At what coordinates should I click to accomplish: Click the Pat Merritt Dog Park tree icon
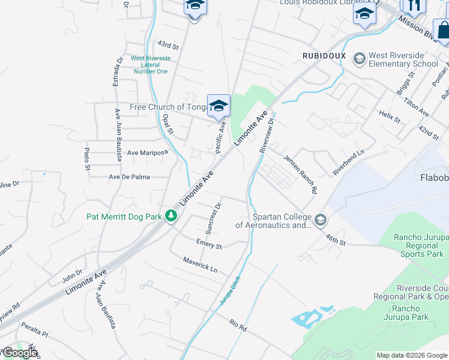pyautogui.click(x=171, y=216)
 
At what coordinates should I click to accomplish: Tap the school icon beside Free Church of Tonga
pyautogui.click(x=219, y=106)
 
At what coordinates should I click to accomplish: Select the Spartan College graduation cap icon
pyautogui.click(x=320, y=220)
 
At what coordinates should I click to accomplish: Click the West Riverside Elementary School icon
pyautogui.click(x=359, y=58)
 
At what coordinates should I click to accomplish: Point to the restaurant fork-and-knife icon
pyautogui.click(x=414, y=5)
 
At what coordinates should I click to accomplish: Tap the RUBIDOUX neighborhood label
pyautogui.click(x=324, y=55)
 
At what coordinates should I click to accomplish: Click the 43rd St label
pyautogui.click(x=169, y=46)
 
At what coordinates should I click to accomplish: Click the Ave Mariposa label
pyautogui.click(x=147, y=153)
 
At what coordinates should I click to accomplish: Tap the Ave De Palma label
pyautogui.click(x=129, y=177)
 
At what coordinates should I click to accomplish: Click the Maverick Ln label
pyautogui.click(x=200, y=265)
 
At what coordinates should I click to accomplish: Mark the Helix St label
pyautogui.click(x=390, y=116)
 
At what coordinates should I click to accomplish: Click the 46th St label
pyautogui.click(x=336, y=241)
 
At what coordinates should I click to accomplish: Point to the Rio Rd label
pyautogui.click(x=238, y=326)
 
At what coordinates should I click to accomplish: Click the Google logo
pyautogui.click(x=19, y=353)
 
